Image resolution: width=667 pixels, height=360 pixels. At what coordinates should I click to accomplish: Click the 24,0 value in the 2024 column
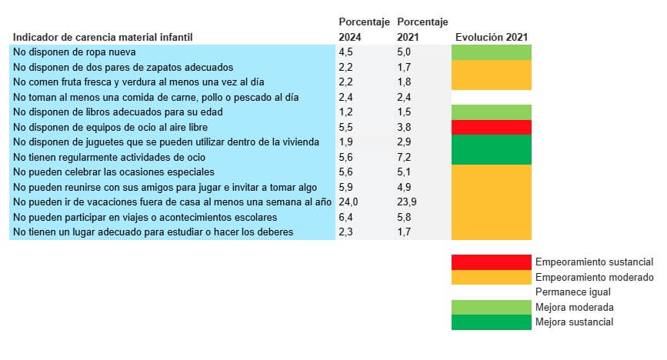(x=349, y=202)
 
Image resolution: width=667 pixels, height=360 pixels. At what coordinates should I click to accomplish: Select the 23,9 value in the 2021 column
(x=408, y=202)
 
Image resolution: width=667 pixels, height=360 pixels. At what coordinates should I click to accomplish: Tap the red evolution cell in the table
(x=491, y=127)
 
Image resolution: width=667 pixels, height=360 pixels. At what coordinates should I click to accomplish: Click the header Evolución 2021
(x=491, y=37)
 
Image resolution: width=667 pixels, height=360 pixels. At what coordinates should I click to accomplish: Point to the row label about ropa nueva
(x=72, y=52)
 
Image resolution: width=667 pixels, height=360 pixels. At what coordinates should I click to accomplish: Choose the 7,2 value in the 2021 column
(x=405, y=157)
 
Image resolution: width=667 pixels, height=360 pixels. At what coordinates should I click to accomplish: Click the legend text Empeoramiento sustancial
(x=594, y=262)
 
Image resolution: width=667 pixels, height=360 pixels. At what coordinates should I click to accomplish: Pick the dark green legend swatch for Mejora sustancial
(x=491, y=322)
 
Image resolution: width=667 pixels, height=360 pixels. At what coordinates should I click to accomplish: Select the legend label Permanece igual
(x=572, y=292)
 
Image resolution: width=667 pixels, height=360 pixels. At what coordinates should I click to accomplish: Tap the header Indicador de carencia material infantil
(x=102, y=37)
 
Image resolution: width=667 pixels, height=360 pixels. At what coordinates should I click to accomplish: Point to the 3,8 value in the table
(x=405, y=127)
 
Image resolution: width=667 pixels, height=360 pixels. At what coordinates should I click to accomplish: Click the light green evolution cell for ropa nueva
(x=491, y=52)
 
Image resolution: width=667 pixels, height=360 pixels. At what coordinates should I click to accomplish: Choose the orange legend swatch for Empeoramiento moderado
(x=491, y=277)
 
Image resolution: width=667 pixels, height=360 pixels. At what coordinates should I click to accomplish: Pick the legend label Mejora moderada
(x=574, y=307)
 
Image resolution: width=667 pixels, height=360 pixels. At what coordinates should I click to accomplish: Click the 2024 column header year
(x=352, y=37)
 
